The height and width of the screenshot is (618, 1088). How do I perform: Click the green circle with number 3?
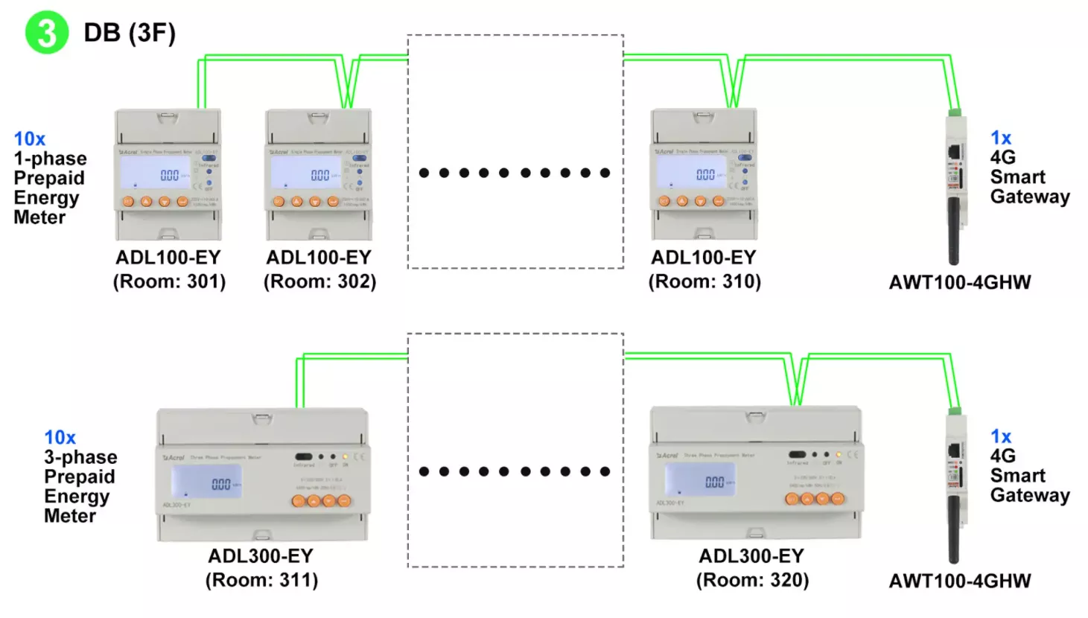(46, 33)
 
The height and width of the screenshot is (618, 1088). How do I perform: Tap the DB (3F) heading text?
(130, 33)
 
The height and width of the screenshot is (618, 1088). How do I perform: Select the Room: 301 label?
(169, 281)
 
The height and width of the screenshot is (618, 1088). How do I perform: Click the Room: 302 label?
(319, 281)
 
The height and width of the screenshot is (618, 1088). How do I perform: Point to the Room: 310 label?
(704, 281)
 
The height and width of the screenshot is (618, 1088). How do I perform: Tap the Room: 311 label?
(261, 580)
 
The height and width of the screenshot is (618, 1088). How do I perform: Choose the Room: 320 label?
(752, 580)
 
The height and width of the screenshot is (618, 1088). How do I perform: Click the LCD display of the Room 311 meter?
(206, 482)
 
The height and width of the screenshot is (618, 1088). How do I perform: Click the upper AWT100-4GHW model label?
(960, 282)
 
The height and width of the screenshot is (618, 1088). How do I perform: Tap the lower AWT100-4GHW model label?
(960, 581)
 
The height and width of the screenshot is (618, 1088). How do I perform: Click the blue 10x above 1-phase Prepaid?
(29, 138)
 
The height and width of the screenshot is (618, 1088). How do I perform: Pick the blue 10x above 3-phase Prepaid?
(60, 437)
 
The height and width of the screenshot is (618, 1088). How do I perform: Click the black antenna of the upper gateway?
(953, 231)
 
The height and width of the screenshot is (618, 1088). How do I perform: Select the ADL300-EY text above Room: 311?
(261, 556)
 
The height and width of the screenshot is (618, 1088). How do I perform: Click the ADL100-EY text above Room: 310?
(704, 258)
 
